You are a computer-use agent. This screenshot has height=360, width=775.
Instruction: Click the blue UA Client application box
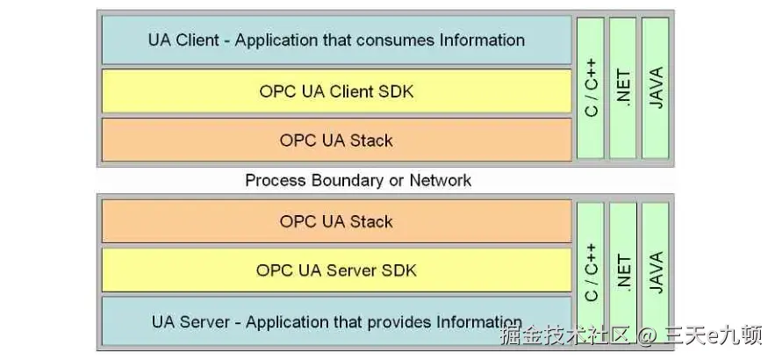click(x=336, y=40)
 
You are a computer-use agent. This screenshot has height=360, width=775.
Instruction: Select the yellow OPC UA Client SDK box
click(x=336, y=90)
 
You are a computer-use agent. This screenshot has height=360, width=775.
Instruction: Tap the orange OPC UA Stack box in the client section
click(x=336, y=140)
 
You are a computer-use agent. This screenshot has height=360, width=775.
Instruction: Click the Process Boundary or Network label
click(x=358, y=180)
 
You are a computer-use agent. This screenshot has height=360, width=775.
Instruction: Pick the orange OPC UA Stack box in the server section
click(x=336, y=221)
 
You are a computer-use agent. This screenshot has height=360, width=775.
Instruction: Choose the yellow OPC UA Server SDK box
click(x=336, y=270)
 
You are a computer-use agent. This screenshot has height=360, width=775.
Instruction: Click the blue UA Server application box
click(x=336, y=321)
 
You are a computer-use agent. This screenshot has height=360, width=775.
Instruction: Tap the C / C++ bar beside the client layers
click(x=591, y=88)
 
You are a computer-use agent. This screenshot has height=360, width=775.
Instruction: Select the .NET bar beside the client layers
click(x=623, y=88)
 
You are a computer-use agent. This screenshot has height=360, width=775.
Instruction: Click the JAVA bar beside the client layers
click(x=656, y=88)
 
